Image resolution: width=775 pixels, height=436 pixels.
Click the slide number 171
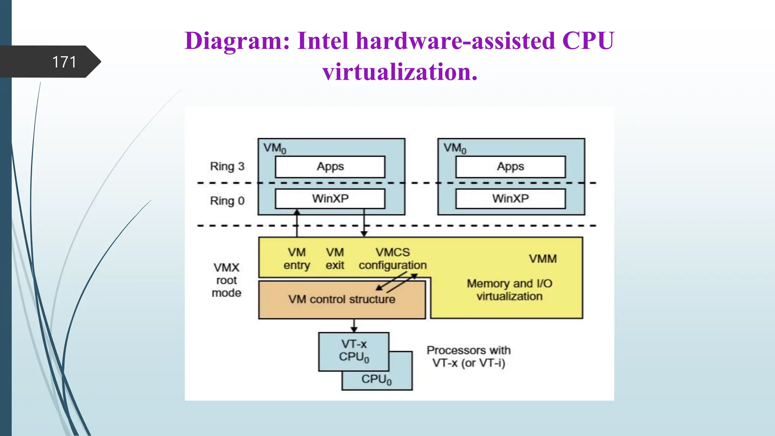tap(64, 62)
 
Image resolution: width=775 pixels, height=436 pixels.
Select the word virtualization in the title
tap(400, 72)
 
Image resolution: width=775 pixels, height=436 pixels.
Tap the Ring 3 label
tap(227, 167)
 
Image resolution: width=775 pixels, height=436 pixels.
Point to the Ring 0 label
tap(227, 201)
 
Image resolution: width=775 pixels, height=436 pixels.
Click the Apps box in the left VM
tap(330, 167)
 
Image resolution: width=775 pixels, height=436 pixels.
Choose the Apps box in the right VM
tap(510, 167)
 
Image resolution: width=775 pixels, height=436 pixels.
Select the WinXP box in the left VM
tap(330, 199)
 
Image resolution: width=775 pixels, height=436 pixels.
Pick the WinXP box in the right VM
tap(510, 199)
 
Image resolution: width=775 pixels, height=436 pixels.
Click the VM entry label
tap(297, 259)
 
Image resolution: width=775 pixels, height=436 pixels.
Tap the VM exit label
tap(335, 259)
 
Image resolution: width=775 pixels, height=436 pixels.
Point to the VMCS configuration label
tap(393, 259)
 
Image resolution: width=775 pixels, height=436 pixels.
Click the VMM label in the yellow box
tap(543, 259)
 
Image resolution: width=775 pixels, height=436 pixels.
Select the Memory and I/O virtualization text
tap(509, 290)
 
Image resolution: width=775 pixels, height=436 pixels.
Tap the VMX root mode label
tap(226, 280)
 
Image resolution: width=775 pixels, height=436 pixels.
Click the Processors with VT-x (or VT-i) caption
tap(468, 357)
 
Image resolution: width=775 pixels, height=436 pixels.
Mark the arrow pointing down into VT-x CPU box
tap(354, 326)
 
